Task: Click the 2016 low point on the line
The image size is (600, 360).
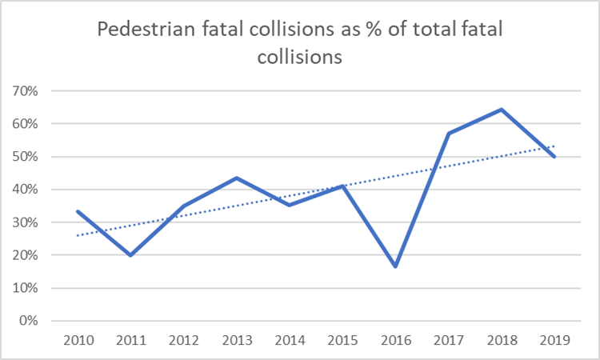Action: [395, 266]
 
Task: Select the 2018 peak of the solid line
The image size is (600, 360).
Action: [501, 110]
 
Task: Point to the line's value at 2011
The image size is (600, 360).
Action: [130, 255]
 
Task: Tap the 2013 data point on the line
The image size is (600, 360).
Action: [237, 178]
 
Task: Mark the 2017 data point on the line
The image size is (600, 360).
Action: [448, 134]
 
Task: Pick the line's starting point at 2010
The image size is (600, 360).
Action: [78, 211]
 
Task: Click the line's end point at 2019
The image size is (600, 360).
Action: [554, 157]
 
